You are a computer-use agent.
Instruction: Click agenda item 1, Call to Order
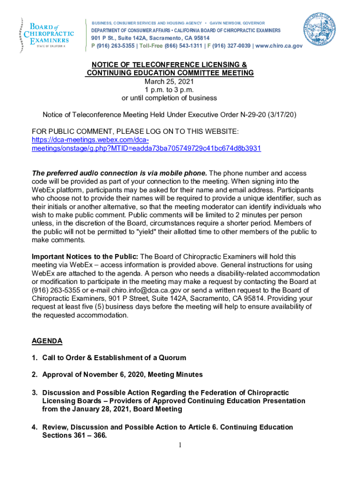click(x=114, y=358)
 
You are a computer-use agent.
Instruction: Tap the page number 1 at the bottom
click(x=180, y=445)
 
